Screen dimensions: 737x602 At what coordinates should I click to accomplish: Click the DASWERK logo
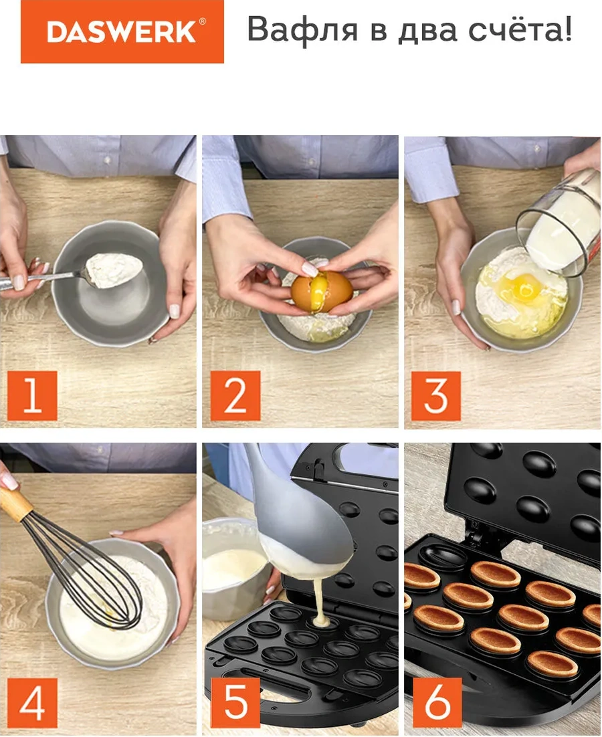(122, 31)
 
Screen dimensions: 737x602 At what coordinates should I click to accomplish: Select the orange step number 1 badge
(32, 396)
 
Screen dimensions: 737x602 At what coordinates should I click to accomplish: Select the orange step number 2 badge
(235, 396)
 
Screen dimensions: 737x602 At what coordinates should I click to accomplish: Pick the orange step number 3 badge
(435, 396)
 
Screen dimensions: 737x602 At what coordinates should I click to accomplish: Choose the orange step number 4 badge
(32, 703)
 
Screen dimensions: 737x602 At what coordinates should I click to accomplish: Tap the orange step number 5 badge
(235, 703)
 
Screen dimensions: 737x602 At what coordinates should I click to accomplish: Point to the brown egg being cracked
(322, 290)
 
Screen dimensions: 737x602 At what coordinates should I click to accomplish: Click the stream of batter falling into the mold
(320, 599)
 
